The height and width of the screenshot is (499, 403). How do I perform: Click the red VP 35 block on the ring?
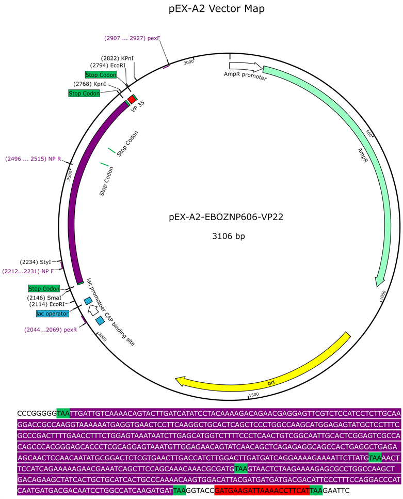[x=132, y=99]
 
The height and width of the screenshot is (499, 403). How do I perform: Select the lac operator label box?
[x=52, y=313]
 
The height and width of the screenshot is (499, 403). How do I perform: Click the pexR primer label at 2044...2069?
[x=51, y=329]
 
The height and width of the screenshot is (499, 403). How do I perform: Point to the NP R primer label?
[x=33, y=159]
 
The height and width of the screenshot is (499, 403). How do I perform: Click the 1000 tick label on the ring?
[x=382, y=297]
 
